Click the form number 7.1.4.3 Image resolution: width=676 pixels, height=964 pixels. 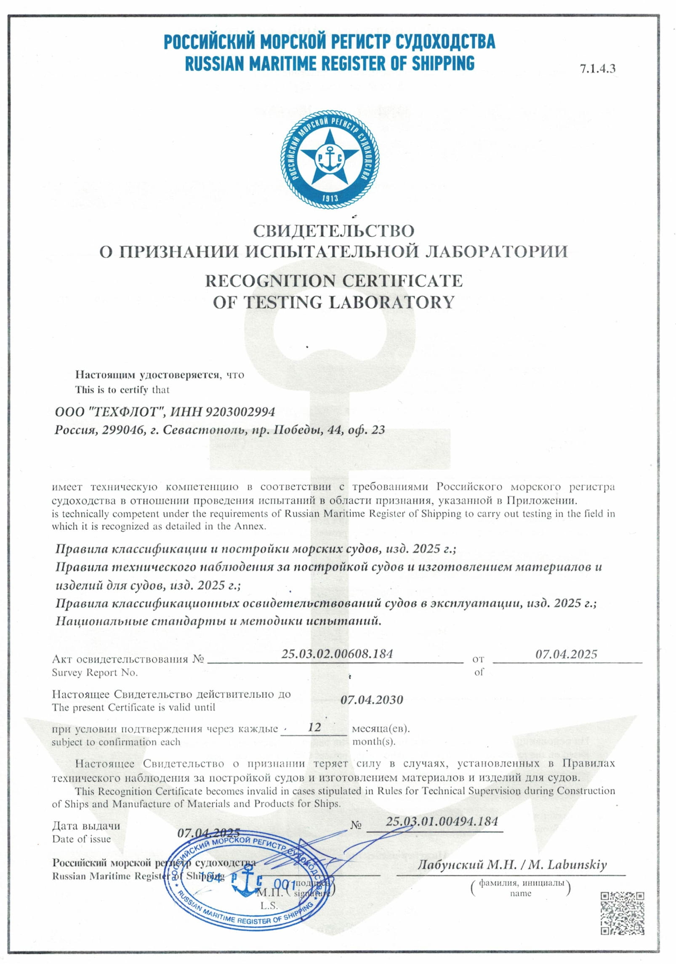pyautogui.click(x=597, y=69)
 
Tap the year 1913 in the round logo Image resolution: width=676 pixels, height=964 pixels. pyautogui.click(x=330, y=197)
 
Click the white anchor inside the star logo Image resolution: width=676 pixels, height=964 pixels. pyautogui.click(x=330, y=158)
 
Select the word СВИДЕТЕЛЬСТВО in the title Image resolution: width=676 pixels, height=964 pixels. pyautogui.click(x=333, y=231)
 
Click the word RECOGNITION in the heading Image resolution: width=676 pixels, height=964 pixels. pyautogui.click(x=270, y=281)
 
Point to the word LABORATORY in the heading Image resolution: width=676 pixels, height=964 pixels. pyautogui.click(x=391, y=302)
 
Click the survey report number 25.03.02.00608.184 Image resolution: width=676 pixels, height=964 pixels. pyautogui.click(x=337, y=654)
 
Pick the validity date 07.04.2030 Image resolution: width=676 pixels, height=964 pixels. pyautogui.click(x=372, y=700)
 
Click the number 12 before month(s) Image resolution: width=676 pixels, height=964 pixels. pyautogui.click(x=314, y=727)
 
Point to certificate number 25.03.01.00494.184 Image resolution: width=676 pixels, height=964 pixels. pyautogui.click(x=442, y=821)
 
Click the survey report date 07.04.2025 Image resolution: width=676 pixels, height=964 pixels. pyautogui.click(x=566, y=654)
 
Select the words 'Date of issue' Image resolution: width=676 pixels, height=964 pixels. pyautogui.click(x=81, y=839)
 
